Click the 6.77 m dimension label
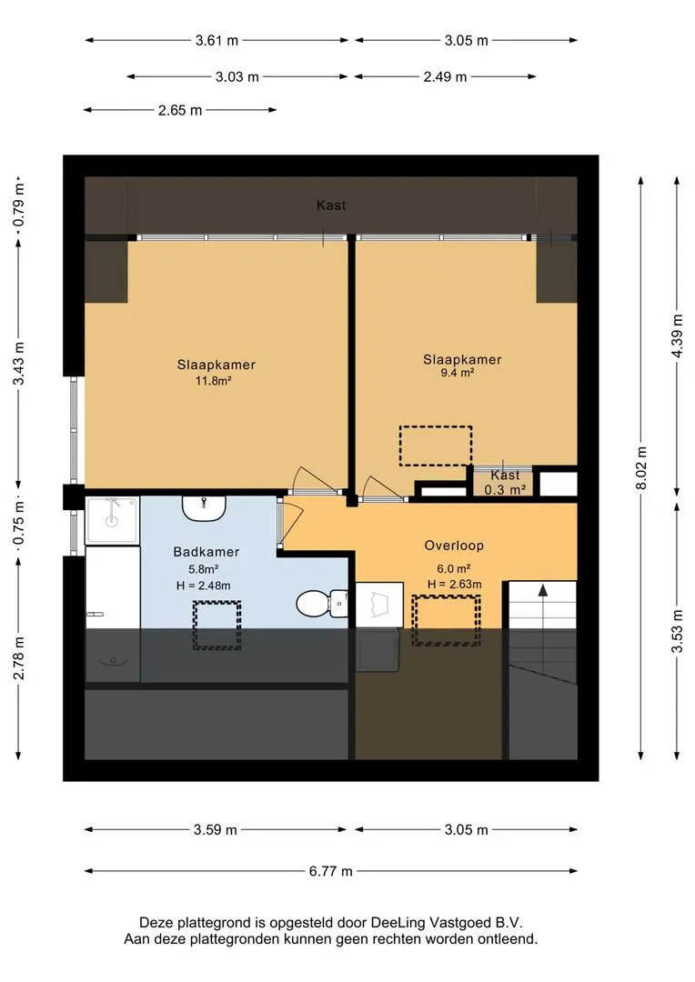[x=330, y=870]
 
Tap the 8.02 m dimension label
[x=641, y=468]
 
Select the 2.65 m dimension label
[x=180, y=110]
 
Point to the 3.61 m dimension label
[x=217, y=41]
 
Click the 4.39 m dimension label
[x=677, y=336]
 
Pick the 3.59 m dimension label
[x=215, y=830]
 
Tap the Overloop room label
[x=454, y=546]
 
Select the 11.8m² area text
[x=214, y=380]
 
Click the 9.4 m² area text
[x=457, y=373]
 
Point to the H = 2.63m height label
[x=454, y=585]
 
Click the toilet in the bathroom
[x=321, y=604]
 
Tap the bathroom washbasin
[x=205, y=508]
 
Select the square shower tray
[x=112, y=520]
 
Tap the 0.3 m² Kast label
[x=505, y=482]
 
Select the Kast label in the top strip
[x=331, y=205]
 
